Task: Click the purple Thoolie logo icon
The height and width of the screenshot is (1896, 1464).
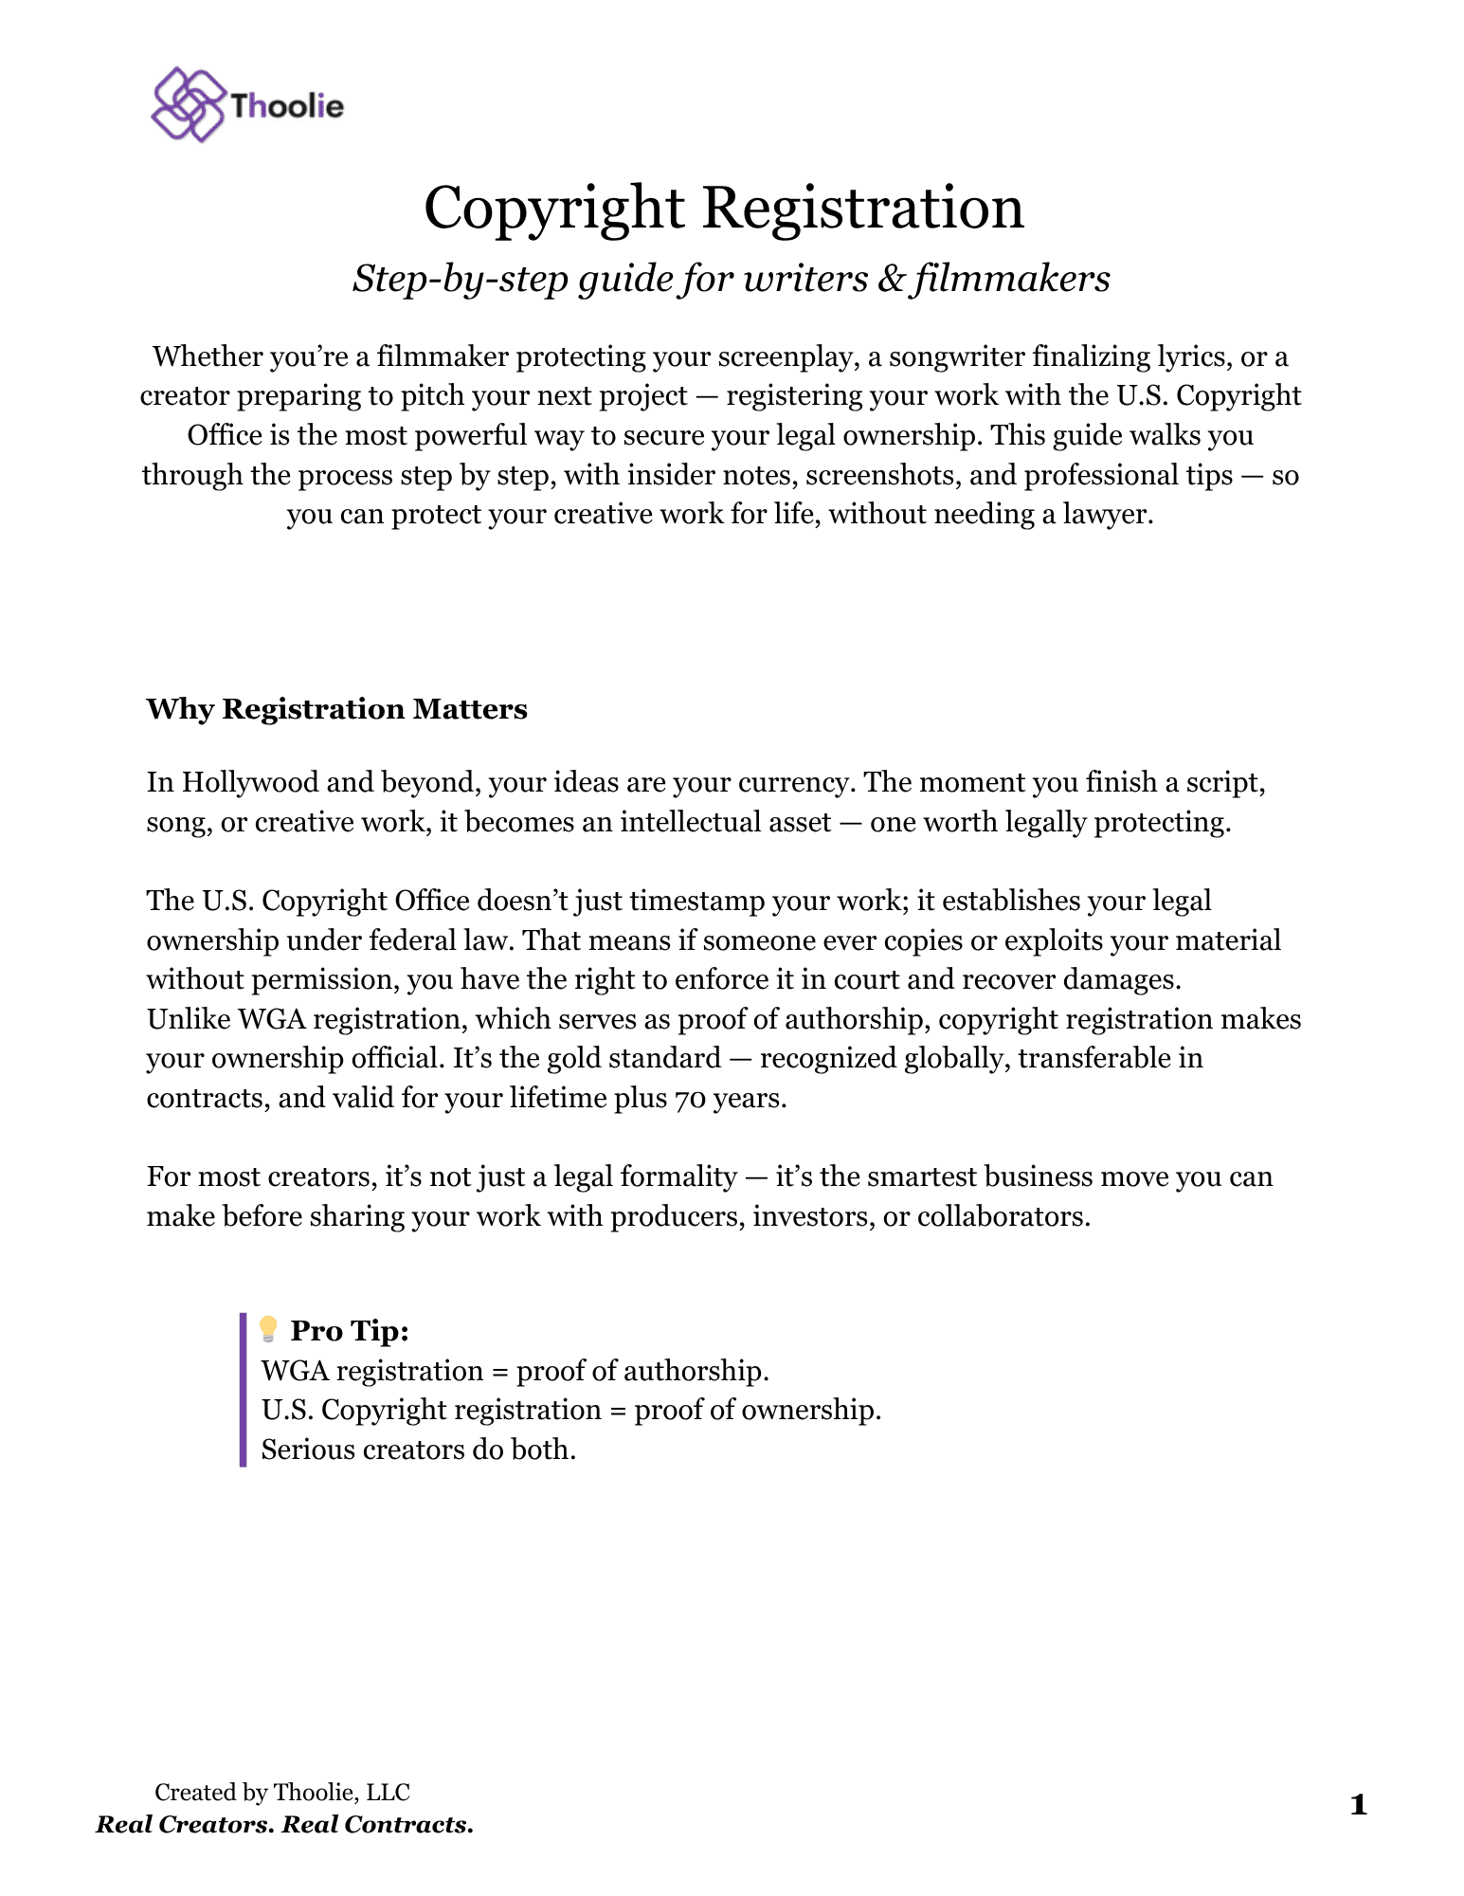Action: (188, 104)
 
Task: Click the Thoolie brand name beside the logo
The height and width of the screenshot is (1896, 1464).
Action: (287, 106)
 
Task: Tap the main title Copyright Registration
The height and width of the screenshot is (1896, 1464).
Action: (724, 208)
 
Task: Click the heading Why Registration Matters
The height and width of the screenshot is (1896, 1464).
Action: (336, 709)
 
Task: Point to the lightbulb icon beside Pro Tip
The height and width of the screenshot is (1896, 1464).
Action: (268, 1329)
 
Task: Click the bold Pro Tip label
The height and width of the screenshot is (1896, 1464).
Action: (350, 1331)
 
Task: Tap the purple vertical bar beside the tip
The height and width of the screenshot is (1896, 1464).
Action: (244, 1390)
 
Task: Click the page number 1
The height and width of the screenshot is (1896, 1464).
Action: (1358, 1805)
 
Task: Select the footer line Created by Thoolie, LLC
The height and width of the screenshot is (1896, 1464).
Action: (282, 1792)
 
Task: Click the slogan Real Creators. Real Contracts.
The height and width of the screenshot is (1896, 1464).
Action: (284, 1825)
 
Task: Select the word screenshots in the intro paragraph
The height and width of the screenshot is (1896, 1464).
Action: (883, 475)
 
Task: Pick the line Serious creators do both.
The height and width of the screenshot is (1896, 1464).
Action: (418, 1449)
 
